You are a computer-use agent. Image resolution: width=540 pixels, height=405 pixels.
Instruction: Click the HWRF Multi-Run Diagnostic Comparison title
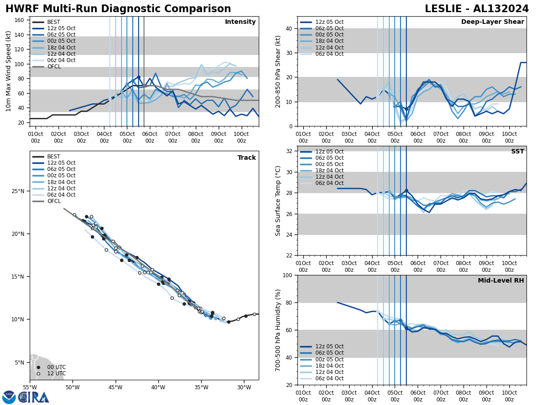point(118,9)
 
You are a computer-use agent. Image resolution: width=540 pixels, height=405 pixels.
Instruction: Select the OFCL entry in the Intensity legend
point(54,67)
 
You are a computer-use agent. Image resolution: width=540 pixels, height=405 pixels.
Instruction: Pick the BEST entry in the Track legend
point(54,157)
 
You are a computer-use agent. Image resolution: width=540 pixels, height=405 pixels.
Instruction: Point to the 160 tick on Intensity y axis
point(21,20)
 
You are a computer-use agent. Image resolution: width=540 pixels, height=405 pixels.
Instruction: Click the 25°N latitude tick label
point(18,191)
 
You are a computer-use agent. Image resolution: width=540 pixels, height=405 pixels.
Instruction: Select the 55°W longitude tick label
point(30,387)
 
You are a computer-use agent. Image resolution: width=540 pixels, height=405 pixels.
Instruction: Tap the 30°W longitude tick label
point(244,387)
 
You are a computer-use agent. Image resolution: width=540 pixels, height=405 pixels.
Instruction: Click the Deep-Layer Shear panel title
point(492,22)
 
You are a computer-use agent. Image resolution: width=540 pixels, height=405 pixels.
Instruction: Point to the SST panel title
point(517,152)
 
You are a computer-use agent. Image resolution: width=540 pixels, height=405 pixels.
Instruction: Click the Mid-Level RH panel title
point(501,281)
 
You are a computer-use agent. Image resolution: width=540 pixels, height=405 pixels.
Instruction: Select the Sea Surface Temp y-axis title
point(279,201)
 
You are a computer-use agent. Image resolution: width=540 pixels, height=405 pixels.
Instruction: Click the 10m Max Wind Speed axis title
point(9,71)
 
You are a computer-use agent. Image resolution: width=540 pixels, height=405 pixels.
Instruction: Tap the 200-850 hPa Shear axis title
point(279,71)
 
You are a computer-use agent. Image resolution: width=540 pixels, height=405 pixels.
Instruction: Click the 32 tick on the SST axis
point(289,151)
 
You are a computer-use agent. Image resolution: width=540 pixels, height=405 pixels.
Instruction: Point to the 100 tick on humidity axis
point(288,275)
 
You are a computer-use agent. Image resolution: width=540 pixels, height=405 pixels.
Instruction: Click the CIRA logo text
point(34,397)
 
